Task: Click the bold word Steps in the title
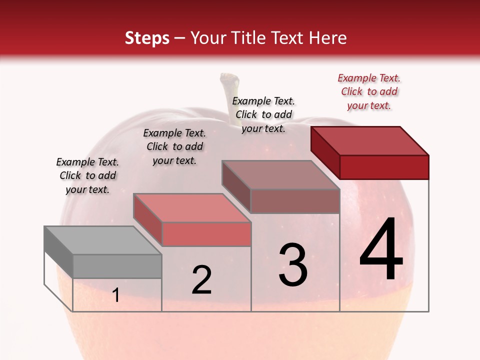[147, 38]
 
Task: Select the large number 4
[381, 250]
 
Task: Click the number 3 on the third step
[293, 265]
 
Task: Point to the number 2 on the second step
[201, 280]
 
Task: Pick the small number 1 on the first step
[116, 295]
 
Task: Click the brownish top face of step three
[280, 175]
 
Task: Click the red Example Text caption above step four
[369, 91]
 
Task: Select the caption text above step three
[263, 114]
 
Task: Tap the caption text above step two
[174, 146]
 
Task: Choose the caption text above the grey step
[87, 175]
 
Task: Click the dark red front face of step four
[384, 167]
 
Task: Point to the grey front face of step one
[117, 266]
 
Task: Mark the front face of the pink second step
[206, 234]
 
